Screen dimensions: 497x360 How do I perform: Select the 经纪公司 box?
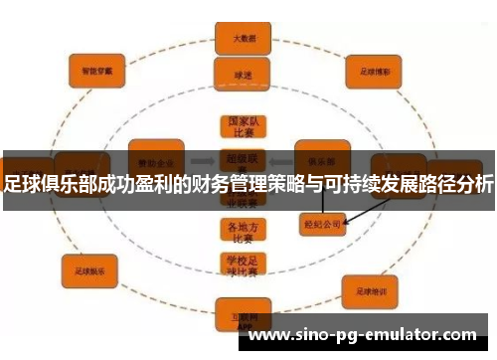pos(321,225)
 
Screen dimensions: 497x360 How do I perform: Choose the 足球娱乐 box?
pos(90,269)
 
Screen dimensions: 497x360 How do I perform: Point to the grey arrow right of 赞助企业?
pos(204,159)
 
